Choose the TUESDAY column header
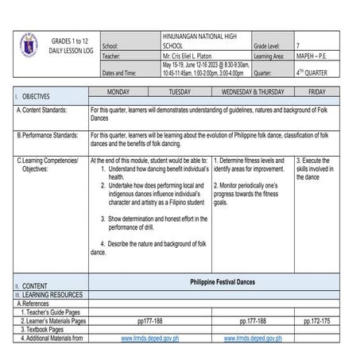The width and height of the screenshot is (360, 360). [180, 92]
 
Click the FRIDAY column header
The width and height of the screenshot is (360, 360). [316, 92]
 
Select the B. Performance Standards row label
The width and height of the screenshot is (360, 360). [48, 135]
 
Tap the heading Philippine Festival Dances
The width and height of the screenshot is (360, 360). [223, 283]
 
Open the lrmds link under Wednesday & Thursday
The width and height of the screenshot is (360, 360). [253, 338]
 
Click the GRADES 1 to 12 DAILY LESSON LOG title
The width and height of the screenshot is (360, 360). [70, 45]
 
